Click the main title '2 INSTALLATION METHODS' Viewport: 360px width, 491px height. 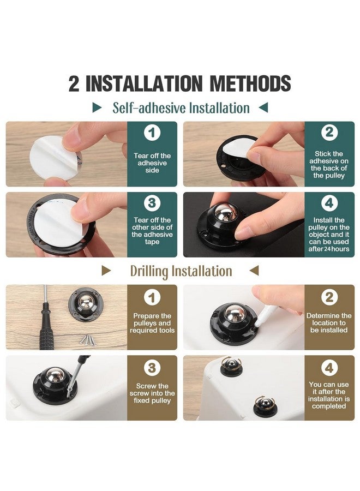click(x=180, y=83)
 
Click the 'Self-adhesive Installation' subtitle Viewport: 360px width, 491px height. click(x=181, y=107)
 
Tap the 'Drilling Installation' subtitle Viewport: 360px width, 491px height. click(x=181, y=271)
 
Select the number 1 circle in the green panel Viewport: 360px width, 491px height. click(x=152, y=133)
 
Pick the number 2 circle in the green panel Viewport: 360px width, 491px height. click(x=329, y=133)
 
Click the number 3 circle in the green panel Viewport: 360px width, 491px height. click(x=152, y=203)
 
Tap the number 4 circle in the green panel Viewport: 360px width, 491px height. click(x=329, y=203)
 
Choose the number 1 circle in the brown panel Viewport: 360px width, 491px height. click(x=152, y=297)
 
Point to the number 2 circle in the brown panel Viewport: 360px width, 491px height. click(x=329, y=297)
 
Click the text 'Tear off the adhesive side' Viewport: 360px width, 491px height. click(x=152, y=163)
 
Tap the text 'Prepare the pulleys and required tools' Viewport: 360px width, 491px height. click(x=152, y=323)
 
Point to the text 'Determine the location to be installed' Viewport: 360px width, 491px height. click(x=329, y=323)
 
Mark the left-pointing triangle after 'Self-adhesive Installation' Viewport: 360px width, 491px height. click(x=263, y=107)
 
